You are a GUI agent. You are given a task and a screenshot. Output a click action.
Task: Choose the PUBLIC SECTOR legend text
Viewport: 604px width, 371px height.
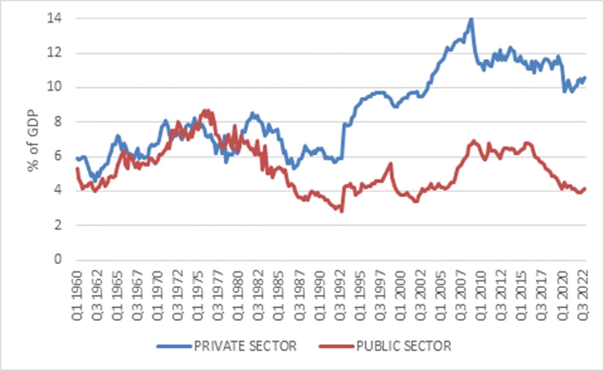(404, 346)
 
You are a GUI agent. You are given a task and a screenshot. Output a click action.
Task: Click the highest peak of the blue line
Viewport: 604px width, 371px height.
(471, 19)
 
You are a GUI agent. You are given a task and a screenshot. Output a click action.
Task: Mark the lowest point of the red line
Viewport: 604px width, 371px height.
(342, 211)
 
